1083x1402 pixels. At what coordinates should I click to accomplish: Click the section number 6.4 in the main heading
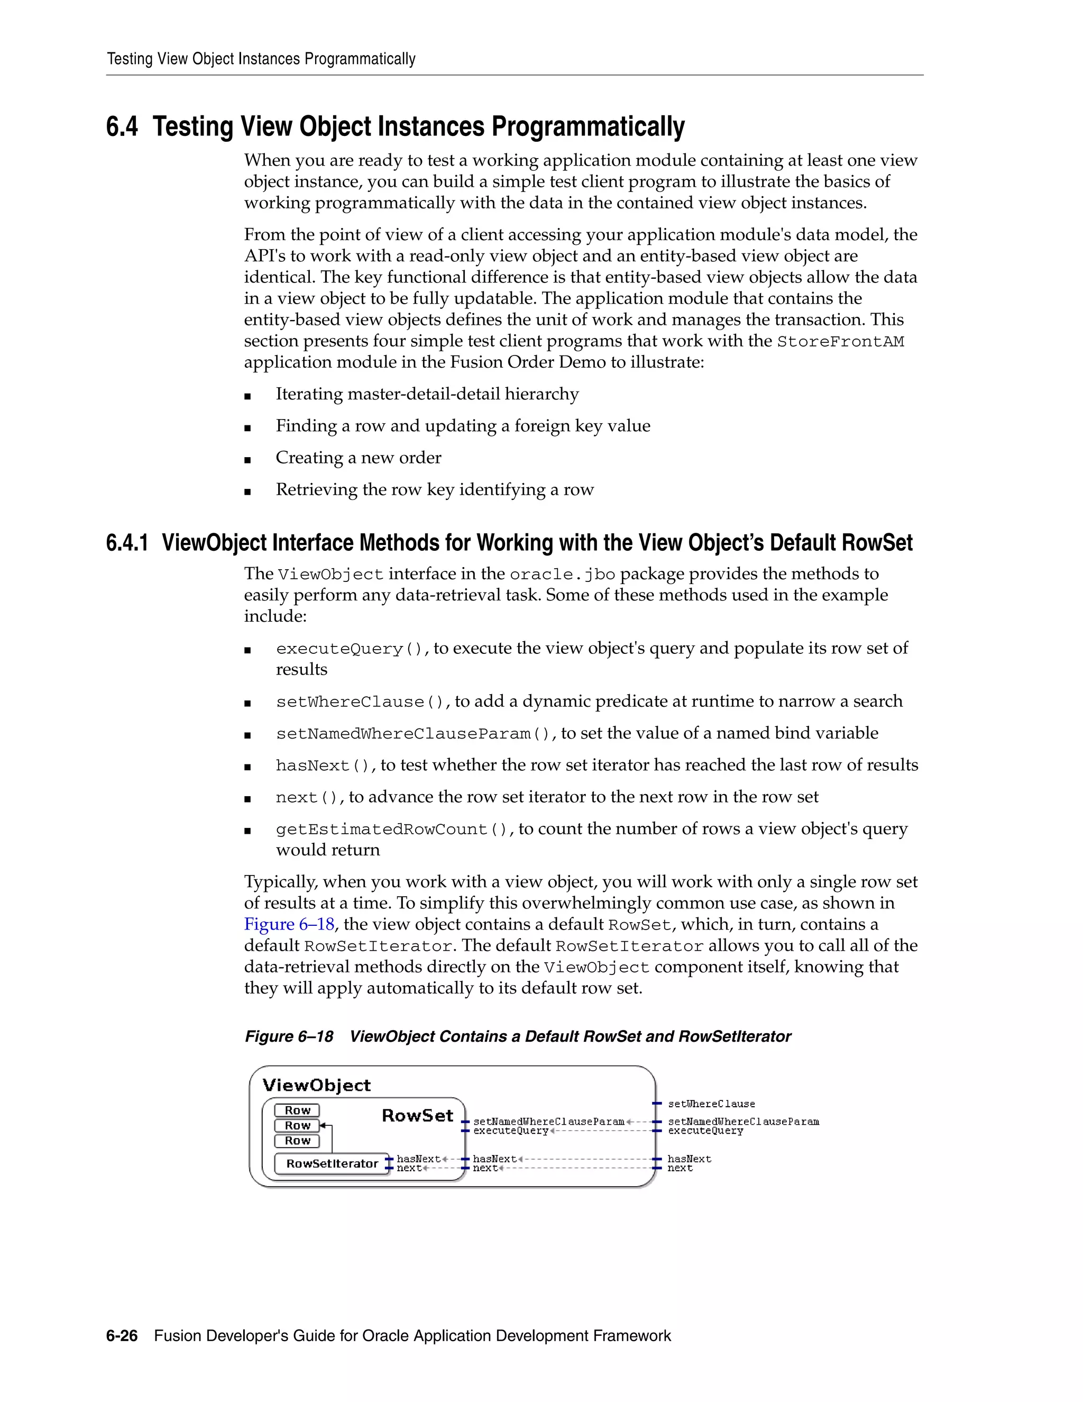click(x=122, y=126)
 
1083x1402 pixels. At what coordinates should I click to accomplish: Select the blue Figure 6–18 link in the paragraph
click(x=289, y=924)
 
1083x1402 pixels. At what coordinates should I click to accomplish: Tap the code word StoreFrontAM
click(x=840, y=342)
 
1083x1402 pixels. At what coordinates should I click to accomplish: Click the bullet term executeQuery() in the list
click(x=350, y=649)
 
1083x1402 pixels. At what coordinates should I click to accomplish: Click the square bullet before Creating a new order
click(x=247, y=460)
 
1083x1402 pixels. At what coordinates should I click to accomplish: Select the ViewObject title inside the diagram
click(x=316, y=1086)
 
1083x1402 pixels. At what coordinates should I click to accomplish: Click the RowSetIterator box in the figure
click(x=332, y=1164)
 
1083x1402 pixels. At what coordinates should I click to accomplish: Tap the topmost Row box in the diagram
click(x=297, y=1110)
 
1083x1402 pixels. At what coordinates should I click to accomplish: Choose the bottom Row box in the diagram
click(x=297, y=1141)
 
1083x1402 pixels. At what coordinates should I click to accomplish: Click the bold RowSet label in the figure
click(x=417, y=1116)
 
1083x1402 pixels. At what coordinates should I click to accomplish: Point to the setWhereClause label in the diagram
click(x=711, y=1104)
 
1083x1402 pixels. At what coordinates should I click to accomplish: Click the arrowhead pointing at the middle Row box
click(x=323, y=1125)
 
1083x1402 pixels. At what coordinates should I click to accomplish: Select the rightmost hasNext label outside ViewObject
click(x=689, y=1159)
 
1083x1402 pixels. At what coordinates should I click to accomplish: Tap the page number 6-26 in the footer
click(x=122, y=1336)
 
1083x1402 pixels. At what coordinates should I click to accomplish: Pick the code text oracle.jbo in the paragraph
click(x=562, y=575)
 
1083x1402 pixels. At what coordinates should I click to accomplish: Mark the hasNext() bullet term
click(x=323, y=766)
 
